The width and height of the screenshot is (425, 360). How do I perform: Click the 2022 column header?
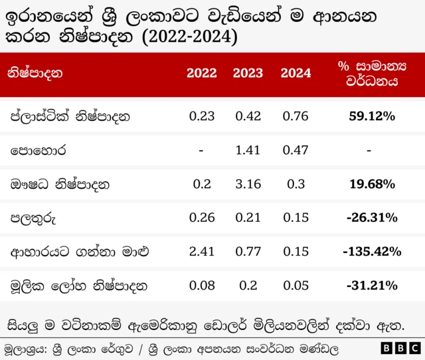pos(201,73)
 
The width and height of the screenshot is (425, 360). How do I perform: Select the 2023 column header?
pos(248,73)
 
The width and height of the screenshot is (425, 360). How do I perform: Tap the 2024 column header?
pos(296,73)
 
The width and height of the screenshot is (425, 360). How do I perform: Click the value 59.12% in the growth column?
pos(372,116)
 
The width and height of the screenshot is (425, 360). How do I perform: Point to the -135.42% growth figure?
pos(372,252)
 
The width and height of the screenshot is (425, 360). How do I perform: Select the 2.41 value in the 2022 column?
pos(201,252)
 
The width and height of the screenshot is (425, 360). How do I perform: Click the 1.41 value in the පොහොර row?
pos(248,150)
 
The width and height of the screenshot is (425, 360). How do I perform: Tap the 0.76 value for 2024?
pos(296,116)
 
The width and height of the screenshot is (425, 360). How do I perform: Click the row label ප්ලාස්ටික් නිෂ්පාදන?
pos(69,116)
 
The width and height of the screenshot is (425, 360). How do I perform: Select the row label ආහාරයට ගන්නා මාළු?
pos(78,252)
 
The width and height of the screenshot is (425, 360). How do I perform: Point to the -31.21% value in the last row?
pos(372,286)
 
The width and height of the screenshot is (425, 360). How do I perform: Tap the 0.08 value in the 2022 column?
pos(201,286)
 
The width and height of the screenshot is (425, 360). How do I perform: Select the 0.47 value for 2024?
pos(296,150)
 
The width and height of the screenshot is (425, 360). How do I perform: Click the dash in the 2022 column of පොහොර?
pos(201,150)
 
